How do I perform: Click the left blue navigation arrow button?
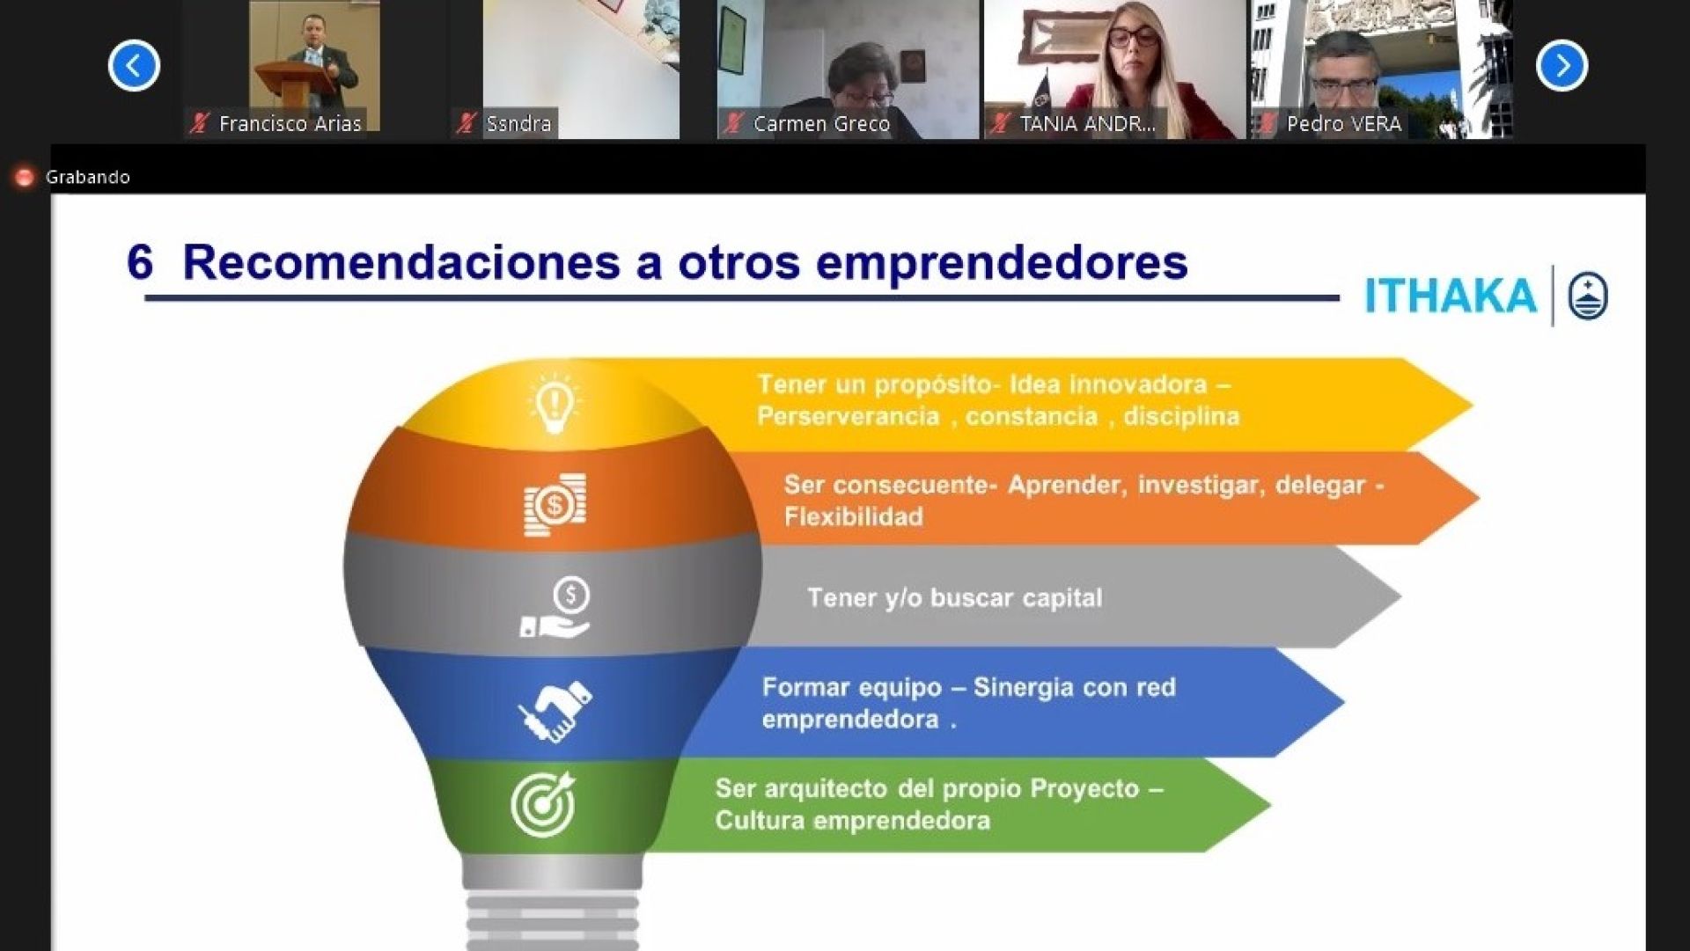[134, 65]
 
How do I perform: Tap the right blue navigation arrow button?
[1562, 65]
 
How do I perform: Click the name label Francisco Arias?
[290, 124]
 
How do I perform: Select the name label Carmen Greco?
[821, 124]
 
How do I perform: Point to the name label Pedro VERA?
[1344, 124]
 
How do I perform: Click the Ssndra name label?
[518, 124]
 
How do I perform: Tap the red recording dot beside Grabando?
[25, 177]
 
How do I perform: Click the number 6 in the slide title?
[140, 261]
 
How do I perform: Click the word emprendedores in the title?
[1002, 263]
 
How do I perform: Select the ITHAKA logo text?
[1451, 296]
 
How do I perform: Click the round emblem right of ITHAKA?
[1588, 296]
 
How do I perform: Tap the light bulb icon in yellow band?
[554, 404]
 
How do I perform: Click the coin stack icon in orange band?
[555, 505]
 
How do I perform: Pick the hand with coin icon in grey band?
[555, 607]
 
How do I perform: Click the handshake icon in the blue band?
[555, 710]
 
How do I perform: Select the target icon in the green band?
[543, 804]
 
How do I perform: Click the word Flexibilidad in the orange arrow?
[854, 517]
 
